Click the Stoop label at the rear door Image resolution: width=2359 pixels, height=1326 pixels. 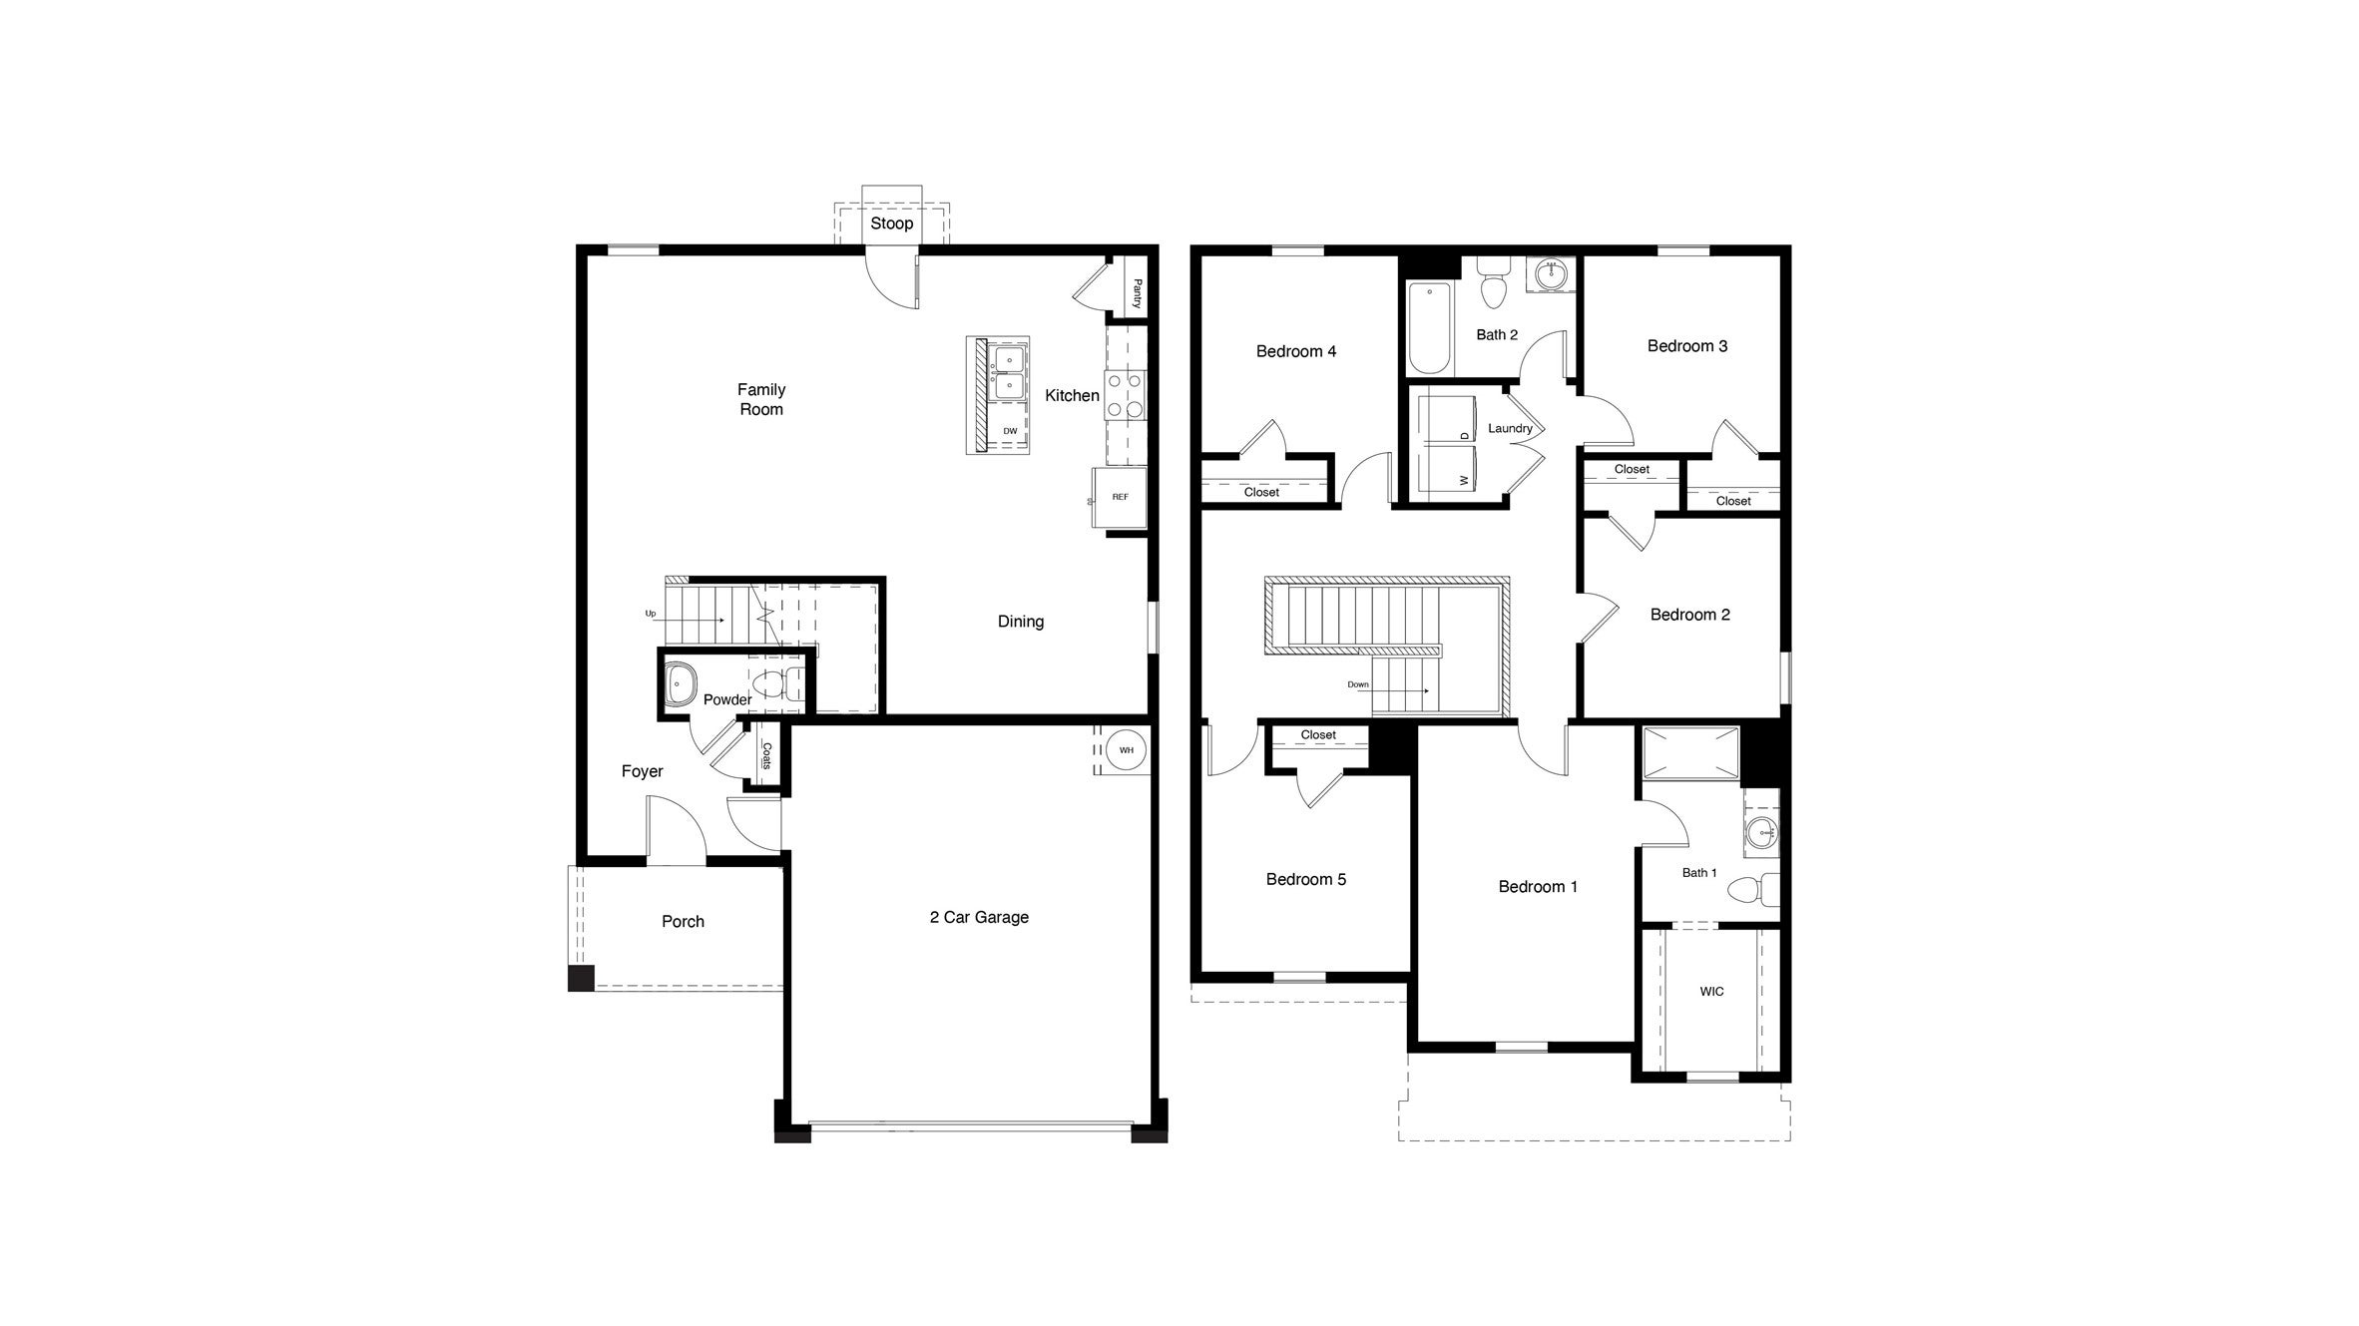pos(891,223)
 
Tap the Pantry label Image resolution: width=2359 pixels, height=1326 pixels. pos(1137,293)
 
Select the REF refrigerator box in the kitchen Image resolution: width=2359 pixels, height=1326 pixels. pos(1120,497)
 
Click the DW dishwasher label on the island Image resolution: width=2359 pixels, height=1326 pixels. pos(1010,431)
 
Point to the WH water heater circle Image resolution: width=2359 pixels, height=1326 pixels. pos(1126,750)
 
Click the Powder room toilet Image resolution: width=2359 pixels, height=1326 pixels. pos(772,684)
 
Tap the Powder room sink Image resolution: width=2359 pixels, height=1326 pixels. pos(682,684)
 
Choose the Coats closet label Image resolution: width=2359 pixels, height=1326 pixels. pos(766,756)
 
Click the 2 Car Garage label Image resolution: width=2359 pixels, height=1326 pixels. pos(979,917)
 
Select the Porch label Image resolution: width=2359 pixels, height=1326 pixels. pos(683,921)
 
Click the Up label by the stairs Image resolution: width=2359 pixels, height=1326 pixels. pos(651,614)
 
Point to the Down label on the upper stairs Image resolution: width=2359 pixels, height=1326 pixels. pos(1358,684)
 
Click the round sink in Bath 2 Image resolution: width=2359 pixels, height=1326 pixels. pos(1550,274)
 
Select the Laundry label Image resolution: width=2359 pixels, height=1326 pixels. pos(1510,428)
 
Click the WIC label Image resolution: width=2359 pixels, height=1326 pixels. pos(1711,991)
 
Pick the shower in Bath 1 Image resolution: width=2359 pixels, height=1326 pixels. pos(1691,753)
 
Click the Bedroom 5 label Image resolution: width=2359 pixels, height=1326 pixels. pos(1305,879)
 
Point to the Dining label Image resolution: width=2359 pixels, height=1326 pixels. pos(1021,621)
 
